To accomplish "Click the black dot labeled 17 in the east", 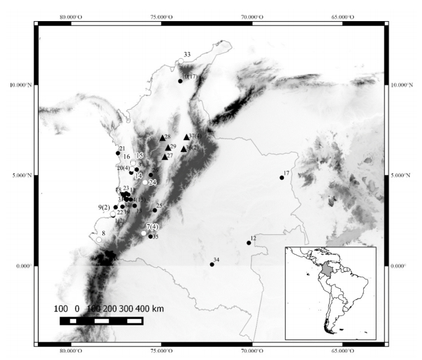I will point(282,178).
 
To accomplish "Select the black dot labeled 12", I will point(249,243).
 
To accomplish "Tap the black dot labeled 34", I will point(212,265).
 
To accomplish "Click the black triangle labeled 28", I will point(162,138).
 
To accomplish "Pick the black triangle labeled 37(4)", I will point(187,137).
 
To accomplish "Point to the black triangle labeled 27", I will point(164,157).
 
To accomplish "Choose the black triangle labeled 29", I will point(168,147).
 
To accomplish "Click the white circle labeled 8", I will point(99,240).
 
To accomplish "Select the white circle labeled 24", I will point(145,182).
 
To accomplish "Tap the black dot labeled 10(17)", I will point(180,81).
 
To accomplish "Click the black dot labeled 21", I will point(118,153).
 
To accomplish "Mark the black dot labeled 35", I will point(151,236).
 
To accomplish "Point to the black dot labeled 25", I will point(155,210).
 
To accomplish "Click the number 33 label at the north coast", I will point(187,55).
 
